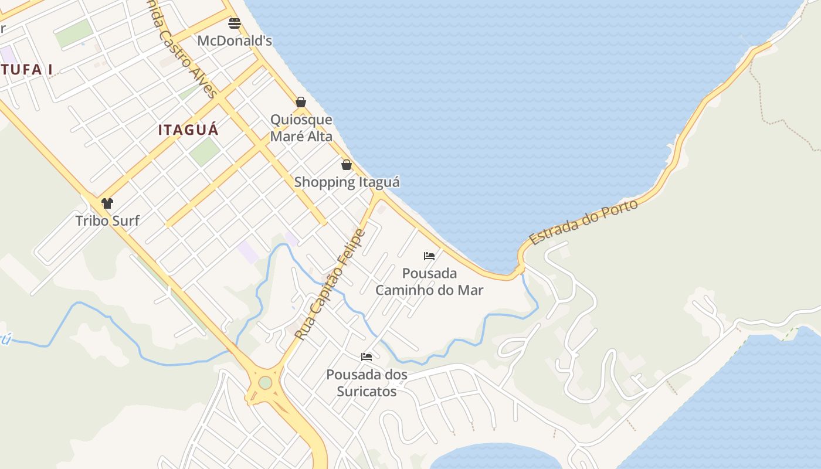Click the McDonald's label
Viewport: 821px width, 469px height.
coord(235,41)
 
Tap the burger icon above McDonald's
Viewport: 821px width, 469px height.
coord(235,23)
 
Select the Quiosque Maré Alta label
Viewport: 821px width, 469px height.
coord(301,128)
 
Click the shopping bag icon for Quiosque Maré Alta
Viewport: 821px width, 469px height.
coord(301,102)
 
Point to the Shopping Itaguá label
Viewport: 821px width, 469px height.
coord(347,182)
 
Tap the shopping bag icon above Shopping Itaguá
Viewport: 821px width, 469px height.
coord(347,165)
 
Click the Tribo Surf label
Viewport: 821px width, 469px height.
coord(107,220)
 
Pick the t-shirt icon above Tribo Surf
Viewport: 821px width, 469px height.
coord(107,203)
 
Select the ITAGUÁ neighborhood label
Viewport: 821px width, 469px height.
coord(188,130)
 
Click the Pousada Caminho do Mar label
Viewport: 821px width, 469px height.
coord(429,281)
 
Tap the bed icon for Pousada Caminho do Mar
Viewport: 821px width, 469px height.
coord(429,256)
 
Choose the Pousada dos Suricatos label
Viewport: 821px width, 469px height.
coord(367,382)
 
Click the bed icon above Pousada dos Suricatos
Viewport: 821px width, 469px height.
coord(367,357)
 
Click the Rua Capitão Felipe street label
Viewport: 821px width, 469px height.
coord(330,285)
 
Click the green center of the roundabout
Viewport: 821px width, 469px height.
coord(266,382)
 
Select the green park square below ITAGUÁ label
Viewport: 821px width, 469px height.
coord(204,151)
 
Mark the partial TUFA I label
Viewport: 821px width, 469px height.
coord(26,70)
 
